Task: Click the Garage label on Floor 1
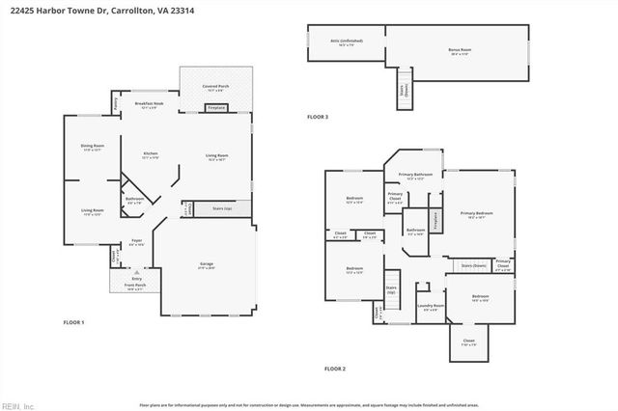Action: (207, 265)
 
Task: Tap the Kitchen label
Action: (151, 155)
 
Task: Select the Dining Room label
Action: (92, 148)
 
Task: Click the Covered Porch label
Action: (215, 88)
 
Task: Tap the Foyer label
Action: (138, 243)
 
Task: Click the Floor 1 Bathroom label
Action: (135, 202)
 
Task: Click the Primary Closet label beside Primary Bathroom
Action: (395, 202)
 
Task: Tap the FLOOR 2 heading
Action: (334, 369)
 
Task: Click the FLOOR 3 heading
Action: (318, 117)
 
